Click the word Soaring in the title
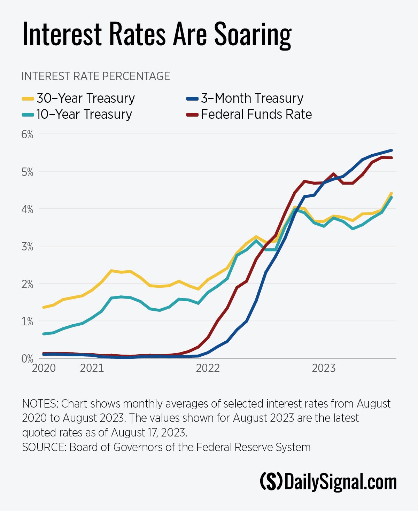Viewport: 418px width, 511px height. [x=253, y=35]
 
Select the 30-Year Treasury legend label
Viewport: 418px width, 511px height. [x=85, y=98]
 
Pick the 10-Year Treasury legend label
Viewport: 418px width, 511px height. [x=84, y=114]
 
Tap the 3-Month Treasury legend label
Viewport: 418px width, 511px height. [x=252, y=98]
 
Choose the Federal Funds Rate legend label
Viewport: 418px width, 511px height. [x=256, y=114]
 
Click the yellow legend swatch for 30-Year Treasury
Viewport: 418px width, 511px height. [x=28, y=99]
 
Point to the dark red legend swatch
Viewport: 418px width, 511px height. [x=192, y=115]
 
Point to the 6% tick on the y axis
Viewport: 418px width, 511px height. [x=27, y=134]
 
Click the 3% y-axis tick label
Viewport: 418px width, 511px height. [x=27, y=247]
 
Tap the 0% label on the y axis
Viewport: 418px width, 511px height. [x=27, y=359]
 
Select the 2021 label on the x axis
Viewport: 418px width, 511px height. [x=92, y=368]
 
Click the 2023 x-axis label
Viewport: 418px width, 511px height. [x=324, y=368]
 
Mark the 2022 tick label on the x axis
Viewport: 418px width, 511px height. [x=208, y=368]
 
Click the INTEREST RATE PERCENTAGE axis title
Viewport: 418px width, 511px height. [x=96, y=76]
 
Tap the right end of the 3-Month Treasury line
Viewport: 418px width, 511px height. [x=392, y=150]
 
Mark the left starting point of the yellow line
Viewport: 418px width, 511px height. [x=44, y=307]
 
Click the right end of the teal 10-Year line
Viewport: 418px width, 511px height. [x=392, y=198]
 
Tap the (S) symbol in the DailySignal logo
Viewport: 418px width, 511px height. [x=271, y=482]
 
